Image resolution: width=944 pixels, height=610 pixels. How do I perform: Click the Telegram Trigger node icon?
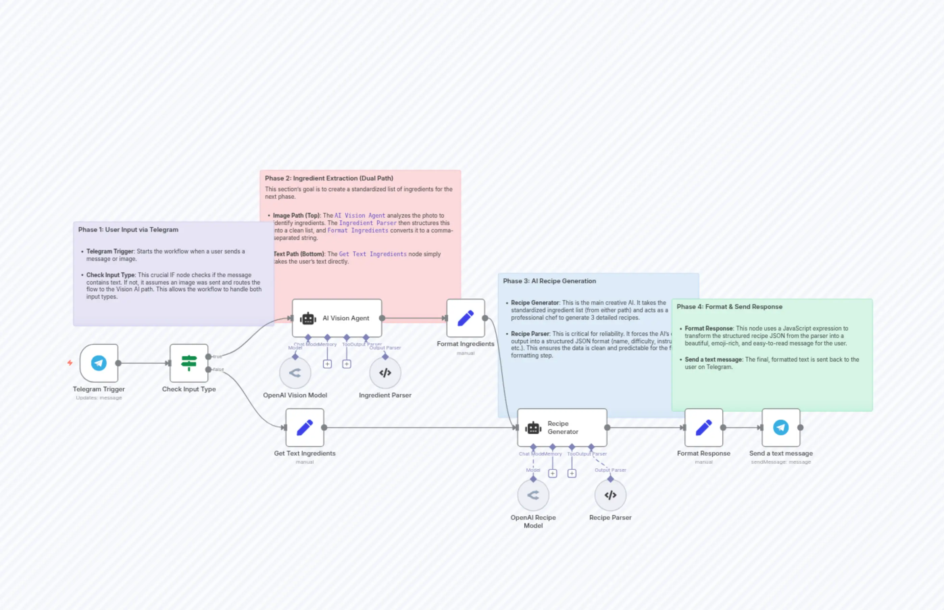tap(99, 363)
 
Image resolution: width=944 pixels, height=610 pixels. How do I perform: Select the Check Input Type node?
tap(189, 363)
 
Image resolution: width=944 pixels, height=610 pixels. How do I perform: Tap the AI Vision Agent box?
tap(337, 318)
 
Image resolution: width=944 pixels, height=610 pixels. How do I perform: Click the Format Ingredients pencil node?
tap(465, 318)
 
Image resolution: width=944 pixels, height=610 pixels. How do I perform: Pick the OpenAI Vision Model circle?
tap(295, 373)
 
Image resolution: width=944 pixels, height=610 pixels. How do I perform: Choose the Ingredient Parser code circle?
tap(385, 373)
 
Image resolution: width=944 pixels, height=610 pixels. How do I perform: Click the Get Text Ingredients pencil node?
tap(304, 428)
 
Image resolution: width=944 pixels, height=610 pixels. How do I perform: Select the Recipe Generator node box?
tap(562, 428)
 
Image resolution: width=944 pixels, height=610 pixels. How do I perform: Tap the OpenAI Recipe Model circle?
tap(533, 495)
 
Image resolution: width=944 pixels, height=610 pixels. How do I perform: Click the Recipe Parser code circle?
tap(610, 495)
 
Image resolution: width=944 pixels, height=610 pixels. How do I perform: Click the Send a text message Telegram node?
tap(780, 428)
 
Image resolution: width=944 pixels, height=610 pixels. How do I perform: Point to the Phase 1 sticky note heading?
tap(128, 230)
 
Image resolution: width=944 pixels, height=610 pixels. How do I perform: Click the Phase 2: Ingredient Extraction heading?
tap(329, 178)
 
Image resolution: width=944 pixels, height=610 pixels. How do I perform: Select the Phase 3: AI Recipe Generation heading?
tap(549, 281)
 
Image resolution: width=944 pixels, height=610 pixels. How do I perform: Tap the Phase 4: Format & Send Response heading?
tap(729, 307)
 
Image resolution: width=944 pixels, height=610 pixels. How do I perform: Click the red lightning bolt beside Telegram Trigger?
tap(70, 363)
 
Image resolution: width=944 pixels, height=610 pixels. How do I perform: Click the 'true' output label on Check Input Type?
tap(217, 357)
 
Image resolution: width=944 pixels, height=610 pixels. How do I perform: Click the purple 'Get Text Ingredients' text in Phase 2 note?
tap(372, 254)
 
